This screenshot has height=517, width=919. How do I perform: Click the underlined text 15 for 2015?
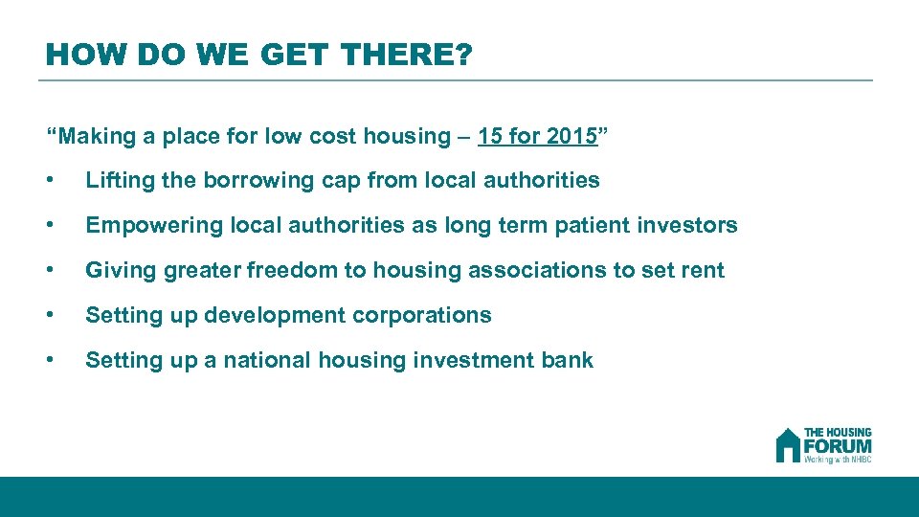pos(537,136)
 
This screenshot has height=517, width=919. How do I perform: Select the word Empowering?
pos(145,225)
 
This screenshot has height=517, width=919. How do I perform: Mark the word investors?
pos(685,225)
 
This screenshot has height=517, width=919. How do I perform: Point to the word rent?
pos(703,270)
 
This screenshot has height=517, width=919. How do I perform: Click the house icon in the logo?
pos(788,445)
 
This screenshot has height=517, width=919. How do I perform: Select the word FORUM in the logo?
pos(838,446)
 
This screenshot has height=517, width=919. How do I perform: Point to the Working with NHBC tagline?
pos(838,460)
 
